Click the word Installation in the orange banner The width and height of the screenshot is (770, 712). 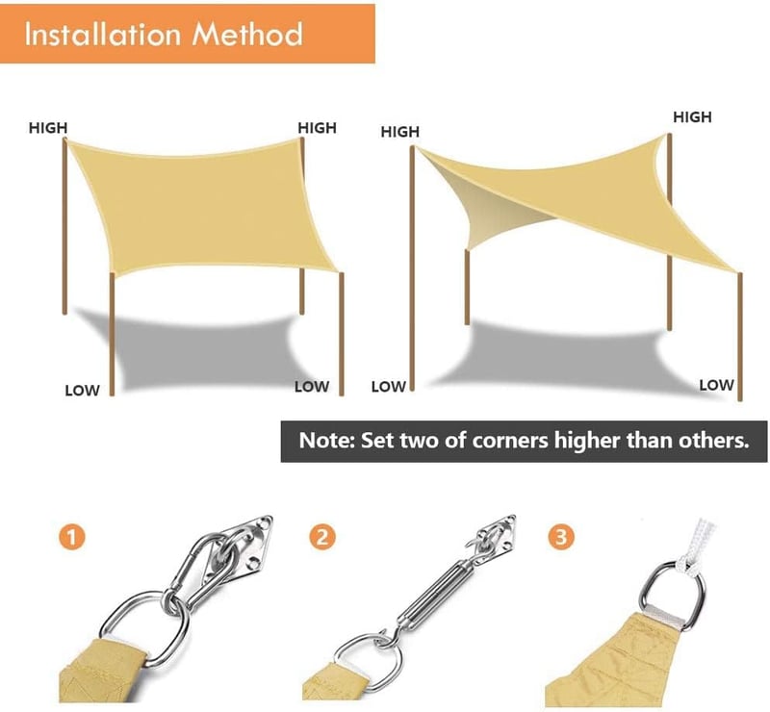pyautogui.click(x=103, y=34)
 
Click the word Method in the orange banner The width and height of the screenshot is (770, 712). pyautogui.click(x=247, y=34)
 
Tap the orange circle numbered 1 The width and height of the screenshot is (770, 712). pyautogui.click(x=71, y=536)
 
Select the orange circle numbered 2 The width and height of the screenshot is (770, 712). pyautogui.click(x=322, y=536)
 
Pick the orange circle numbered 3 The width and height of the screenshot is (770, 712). pyautogui.click(x=561, y=536)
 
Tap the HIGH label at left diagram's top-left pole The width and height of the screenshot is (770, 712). pyautogui.click(x=47, y=128)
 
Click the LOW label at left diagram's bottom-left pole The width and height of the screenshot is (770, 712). pyautogui.click(x=82, y=391)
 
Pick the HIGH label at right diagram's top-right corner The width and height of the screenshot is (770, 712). pyautogui.click(x=692, y=116)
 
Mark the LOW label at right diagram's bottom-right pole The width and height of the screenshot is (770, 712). pyautogui.click(x=716, y=385)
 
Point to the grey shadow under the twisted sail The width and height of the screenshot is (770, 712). pyautogui.click(x=565, y=359)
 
